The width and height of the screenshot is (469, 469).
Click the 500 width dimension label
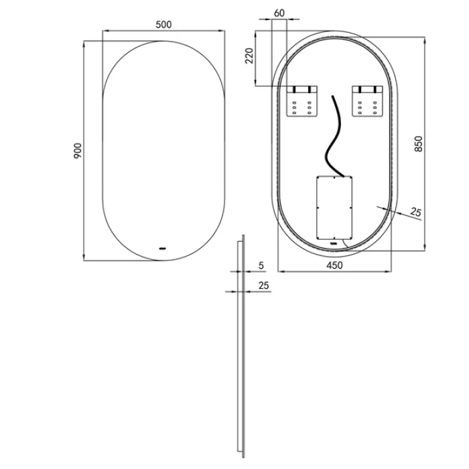click(x=163, y=24)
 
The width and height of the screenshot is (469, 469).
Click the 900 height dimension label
click(x=78, y=151)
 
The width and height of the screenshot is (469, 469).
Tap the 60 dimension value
click(x=279, y=13)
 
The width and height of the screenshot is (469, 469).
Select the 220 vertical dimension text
click(x=249, y=56)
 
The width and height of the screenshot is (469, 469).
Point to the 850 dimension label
click(x=419, y=143)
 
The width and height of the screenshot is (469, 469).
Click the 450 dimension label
click(x=334, y=265)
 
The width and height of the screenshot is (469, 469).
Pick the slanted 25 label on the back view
click(x=415, y=212)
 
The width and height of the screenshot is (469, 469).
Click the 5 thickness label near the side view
click(x=261, y=265)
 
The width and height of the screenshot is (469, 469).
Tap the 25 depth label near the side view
click(x=263, y=285)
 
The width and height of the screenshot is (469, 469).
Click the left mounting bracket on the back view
click(x=302, y=101)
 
